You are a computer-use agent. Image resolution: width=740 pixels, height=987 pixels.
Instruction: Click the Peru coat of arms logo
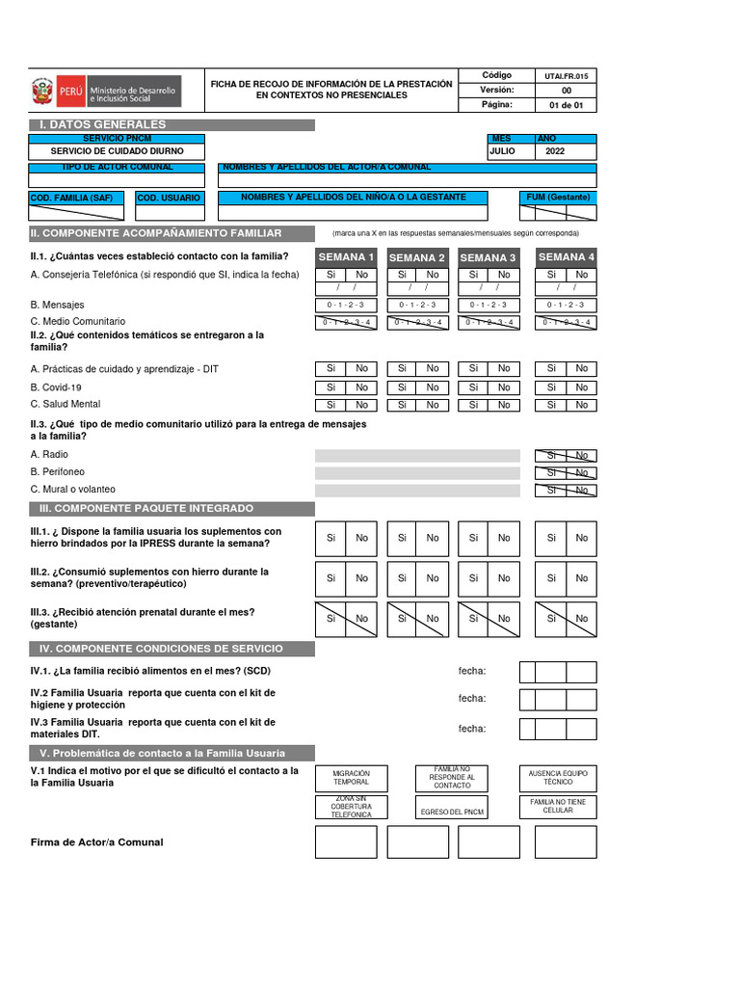42,93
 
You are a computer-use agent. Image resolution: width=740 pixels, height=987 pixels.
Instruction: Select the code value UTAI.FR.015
566,75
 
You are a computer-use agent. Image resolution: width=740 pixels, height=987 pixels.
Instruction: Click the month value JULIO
503,151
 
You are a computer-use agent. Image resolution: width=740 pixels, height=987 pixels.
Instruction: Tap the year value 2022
556,151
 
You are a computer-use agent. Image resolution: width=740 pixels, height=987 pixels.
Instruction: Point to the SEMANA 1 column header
346,257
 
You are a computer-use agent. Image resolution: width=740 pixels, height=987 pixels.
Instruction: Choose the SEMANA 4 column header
566,257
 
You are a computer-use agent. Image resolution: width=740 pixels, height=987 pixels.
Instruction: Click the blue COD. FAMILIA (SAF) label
65,198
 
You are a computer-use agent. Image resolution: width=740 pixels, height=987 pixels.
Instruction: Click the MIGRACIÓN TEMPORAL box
351,778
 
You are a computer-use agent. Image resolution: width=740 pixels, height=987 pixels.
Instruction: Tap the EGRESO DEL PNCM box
452,812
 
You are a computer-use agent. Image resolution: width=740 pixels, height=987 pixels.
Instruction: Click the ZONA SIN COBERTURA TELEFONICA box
351,808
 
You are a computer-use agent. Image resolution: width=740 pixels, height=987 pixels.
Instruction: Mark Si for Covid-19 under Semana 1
330,387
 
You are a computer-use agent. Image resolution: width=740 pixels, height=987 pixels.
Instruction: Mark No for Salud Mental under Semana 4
581,405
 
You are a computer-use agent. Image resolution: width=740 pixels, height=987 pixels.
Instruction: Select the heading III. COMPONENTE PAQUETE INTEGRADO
146,508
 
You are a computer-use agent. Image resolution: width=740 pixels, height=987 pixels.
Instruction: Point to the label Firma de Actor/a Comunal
97,842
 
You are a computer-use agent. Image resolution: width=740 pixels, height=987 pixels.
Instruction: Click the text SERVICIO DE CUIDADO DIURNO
117,151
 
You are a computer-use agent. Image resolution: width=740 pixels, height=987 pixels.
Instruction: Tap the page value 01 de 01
566,105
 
